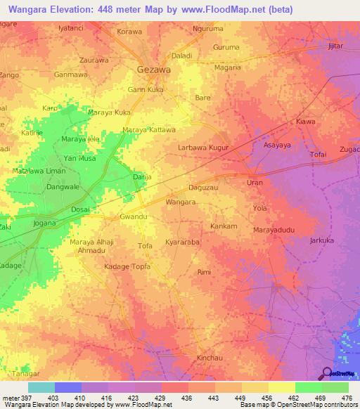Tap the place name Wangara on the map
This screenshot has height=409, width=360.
click(x=180, y=202)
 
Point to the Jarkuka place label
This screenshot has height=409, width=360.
click(x=321, y=240)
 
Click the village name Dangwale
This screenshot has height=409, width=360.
click(x=63, y=188)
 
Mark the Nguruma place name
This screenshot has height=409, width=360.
click(x=207, y=29)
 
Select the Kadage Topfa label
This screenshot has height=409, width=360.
click(x=127, y=267)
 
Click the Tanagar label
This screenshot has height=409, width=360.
click(x=24, y=373)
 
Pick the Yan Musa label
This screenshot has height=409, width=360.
click(x=79, y=159)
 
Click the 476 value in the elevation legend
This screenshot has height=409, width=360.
click(x=347, y=398)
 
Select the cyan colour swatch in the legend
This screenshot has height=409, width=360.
click(x=41, y=387)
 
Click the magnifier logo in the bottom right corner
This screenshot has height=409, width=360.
click(x=327, y=374)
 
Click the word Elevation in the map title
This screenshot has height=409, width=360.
click(x=80, y=9)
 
